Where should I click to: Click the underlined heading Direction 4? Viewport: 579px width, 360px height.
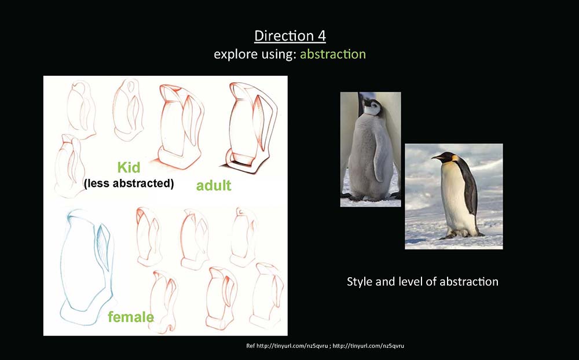tap(290, 36)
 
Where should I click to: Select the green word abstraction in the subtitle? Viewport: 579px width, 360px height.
tap(333, 54)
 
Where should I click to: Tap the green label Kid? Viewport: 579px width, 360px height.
tap(129, 167)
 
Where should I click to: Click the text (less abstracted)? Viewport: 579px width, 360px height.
tap(129, 183)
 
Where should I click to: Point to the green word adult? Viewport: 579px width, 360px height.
tap(214, 185)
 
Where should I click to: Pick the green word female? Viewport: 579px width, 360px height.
tap(131, 317)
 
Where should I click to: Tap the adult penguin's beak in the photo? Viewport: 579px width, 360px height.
tap(437, 157)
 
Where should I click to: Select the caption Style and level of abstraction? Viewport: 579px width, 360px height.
tap(423, 282)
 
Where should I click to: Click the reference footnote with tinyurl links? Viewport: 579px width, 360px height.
tap(325, 346)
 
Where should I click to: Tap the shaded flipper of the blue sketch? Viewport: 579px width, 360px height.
tap(104, 247)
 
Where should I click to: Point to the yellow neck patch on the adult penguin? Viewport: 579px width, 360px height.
tap(455, 159)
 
